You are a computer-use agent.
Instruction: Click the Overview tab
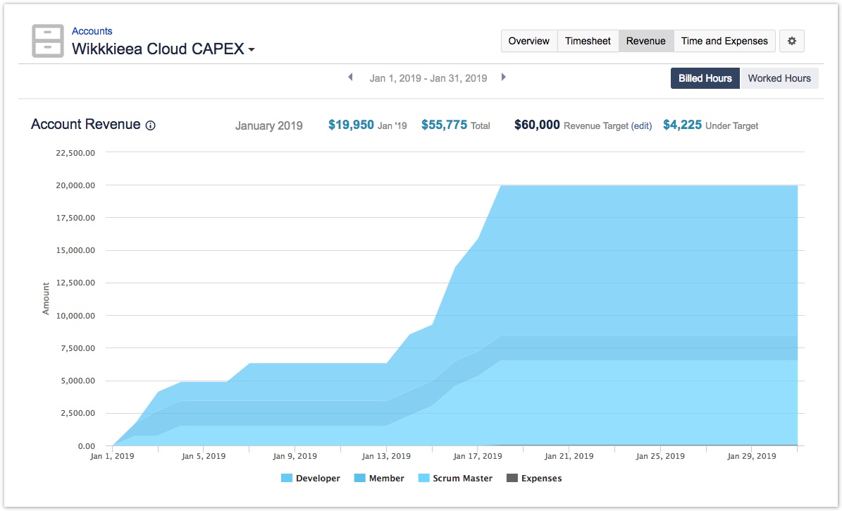tap(528, 41)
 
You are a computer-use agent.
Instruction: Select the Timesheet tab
tap(588, 41)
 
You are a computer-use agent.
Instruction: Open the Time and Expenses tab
tap(724, 41)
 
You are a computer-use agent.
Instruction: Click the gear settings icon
tap(792, 41)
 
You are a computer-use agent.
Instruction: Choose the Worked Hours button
tap(779, 78)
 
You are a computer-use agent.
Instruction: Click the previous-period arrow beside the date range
tap(350, 78)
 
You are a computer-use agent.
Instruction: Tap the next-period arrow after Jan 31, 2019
tap(504, 78)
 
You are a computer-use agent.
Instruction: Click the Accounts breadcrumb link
tap(92, 31)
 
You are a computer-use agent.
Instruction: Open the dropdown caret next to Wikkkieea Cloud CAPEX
tap(252, 50)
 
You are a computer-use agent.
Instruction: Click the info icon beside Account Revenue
tap(150, 125)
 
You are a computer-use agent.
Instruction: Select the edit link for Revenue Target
tap(641, 126)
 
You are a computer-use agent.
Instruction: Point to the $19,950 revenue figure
tap(351, 125)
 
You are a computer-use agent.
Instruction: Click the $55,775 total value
tap(444, 125)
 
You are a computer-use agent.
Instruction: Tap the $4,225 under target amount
tap(682, 125)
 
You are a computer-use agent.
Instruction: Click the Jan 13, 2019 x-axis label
tap(386, 456)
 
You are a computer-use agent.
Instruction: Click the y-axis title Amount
tap(46, 298)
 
